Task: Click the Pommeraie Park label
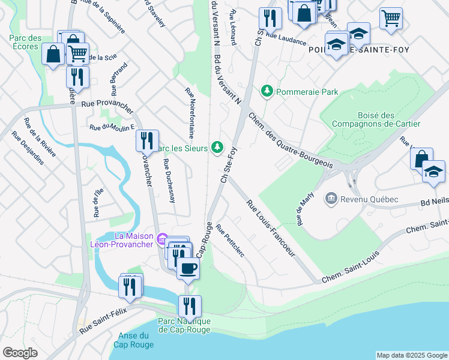[307, 92]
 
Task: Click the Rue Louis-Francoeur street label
[271, 229]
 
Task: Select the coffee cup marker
[188, 268]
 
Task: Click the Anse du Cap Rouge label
[133, 340]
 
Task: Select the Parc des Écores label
[25, 43]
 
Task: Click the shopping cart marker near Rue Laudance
[391, 18]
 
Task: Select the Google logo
[20, 353]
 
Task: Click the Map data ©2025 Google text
[411, 355]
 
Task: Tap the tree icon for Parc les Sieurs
[217, 148]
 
